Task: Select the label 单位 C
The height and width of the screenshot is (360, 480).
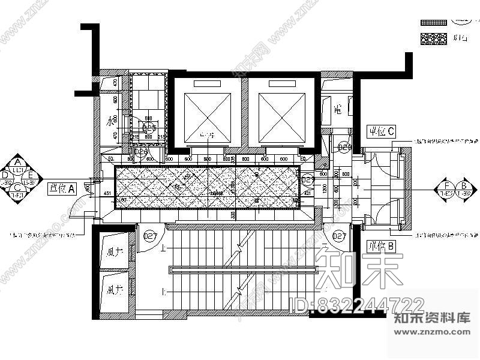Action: point(381,130)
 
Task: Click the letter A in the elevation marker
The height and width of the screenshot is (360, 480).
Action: point(18,163)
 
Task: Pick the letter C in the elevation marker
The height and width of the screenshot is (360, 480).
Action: point(18,187)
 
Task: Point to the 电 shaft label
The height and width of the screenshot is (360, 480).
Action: point(337,110)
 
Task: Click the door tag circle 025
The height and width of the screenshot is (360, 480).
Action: point(140,154)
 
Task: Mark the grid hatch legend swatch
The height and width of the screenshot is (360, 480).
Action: point(434,22)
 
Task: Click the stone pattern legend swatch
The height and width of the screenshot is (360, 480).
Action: point(434,38)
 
